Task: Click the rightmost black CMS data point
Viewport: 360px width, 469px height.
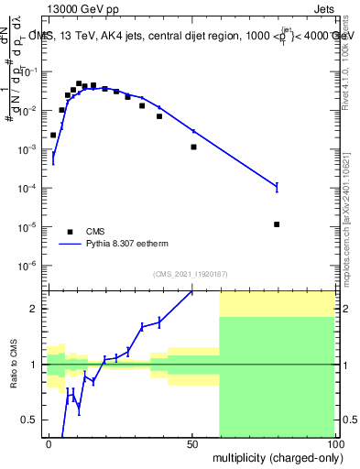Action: coord(277,224)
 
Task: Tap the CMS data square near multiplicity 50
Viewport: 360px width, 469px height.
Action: coord(193,147)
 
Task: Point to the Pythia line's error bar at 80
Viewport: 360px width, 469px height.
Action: coord(277,187)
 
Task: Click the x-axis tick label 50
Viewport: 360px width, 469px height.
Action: coord(191,443)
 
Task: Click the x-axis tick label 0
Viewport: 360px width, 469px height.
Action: coord(49,443)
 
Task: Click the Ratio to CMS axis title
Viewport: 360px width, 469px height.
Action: coord(15,364)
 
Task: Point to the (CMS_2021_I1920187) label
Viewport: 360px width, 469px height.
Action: coord(191,274)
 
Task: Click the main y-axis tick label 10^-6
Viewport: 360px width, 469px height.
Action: coord(33,266)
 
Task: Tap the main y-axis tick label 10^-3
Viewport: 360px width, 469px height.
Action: coord(33,149)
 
